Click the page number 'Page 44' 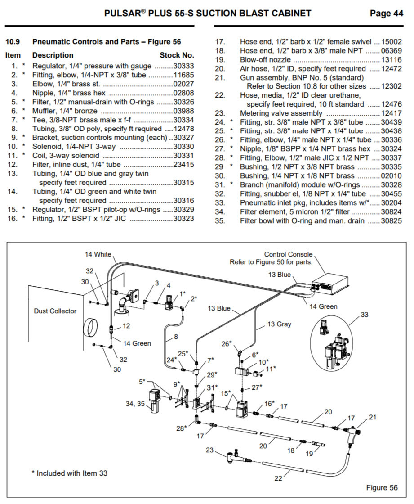tap(386, 13)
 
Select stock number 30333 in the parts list tap(183, 66)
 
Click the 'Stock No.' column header tap(177, 55)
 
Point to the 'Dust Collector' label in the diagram tap(55, 311)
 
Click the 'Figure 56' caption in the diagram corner tap(382, 487)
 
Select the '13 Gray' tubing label tap(279, 324)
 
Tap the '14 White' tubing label tap(98, 254)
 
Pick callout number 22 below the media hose tap(279, 478)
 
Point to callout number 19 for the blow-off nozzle tap(309, 454)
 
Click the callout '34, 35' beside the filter tap(135, 404)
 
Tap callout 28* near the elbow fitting tap(182, 428)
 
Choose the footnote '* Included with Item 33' tap(69, 473)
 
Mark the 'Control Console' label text tap(288, 254)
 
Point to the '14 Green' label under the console tap(324, 306)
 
